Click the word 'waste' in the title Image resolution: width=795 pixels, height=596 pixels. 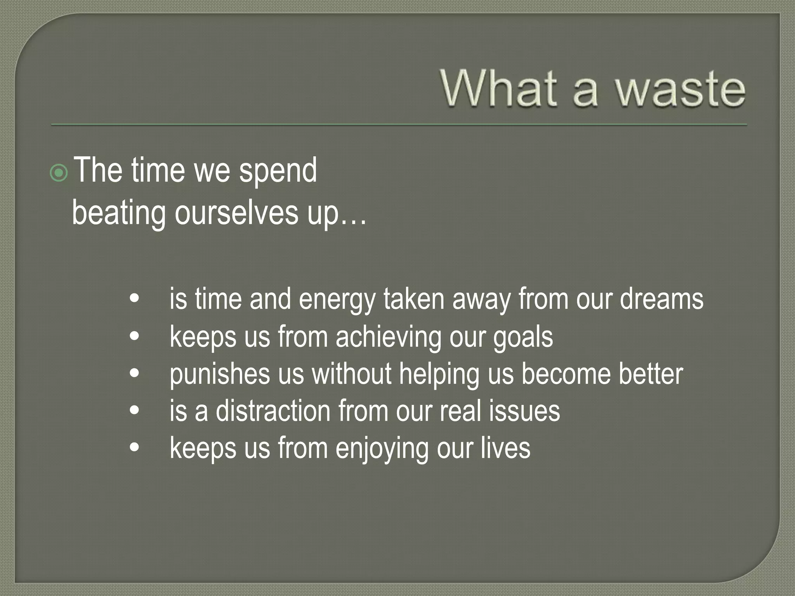pos(680,90)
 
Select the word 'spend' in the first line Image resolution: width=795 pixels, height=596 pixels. pos(278,171)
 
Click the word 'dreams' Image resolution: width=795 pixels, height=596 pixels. pos(661,299)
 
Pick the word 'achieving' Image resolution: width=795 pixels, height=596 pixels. pos(388,337)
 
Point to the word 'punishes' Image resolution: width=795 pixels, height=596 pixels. pos(220,374)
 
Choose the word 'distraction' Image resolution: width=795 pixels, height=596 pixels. pos(273,411)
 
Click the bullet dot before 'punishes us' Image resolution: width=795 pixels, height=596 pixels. pos(134,374)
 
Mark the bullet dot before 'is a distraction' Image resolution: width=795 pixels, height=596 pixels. pos(134,411)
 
